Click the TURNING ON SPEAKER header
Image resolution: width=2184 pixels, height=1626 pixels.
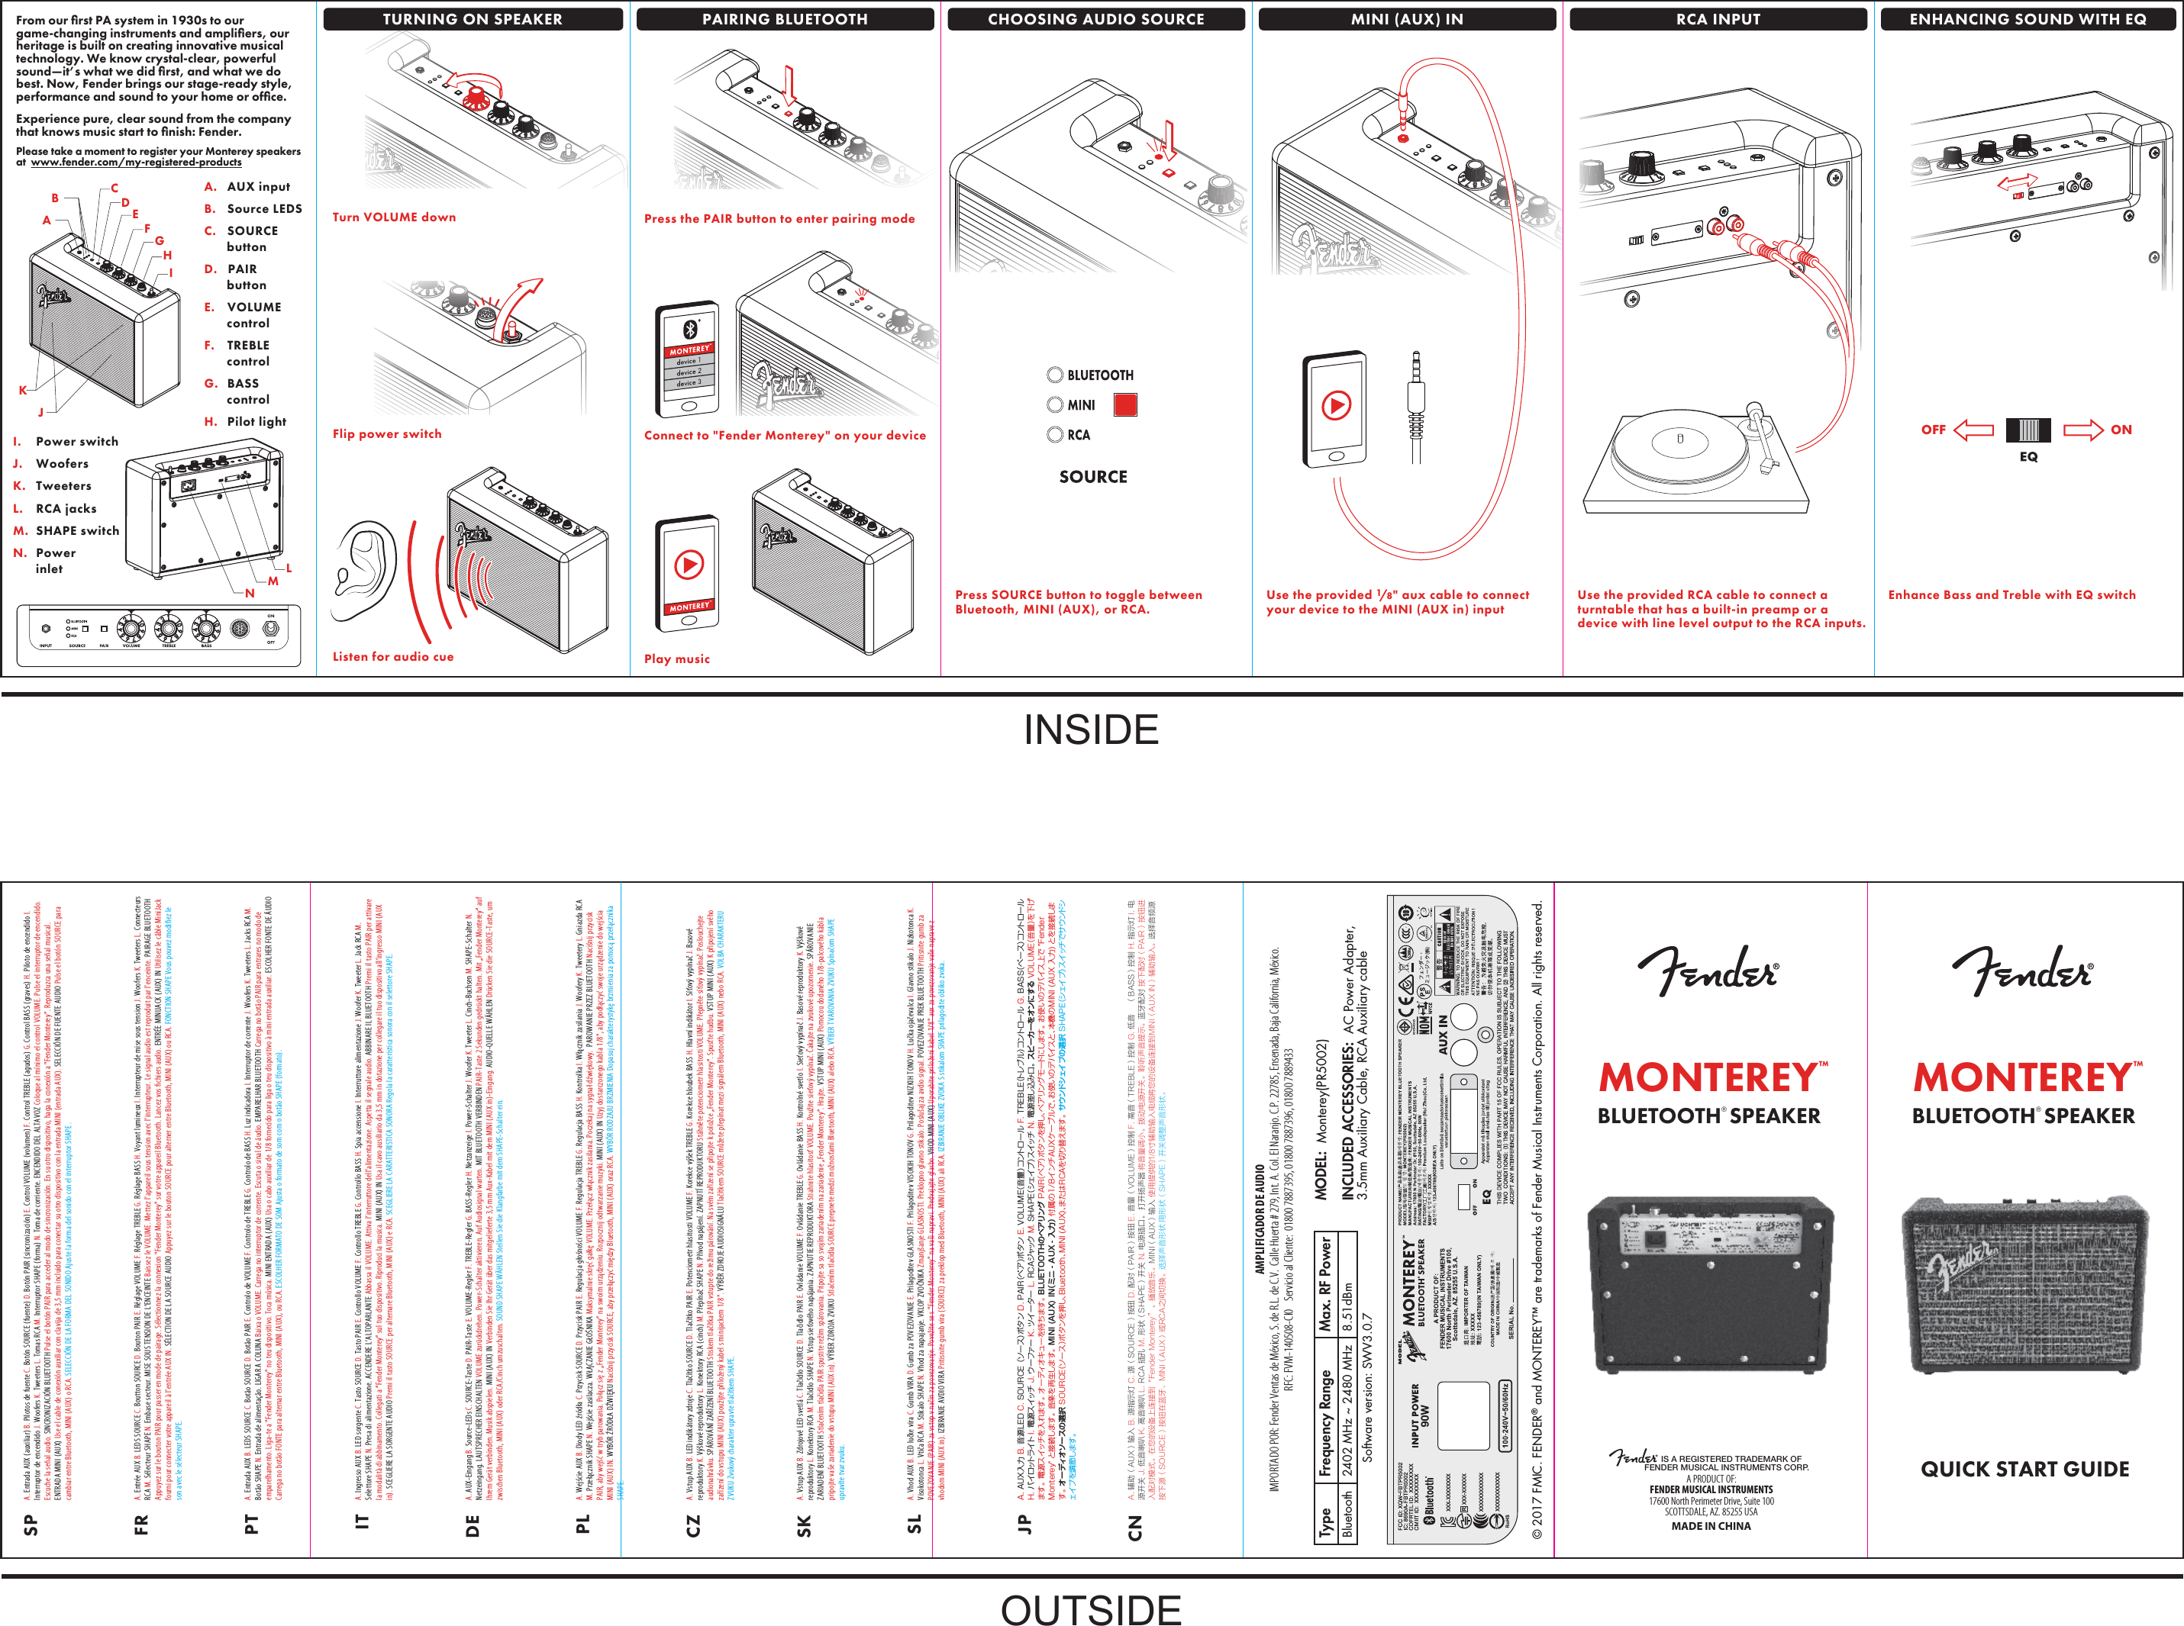point(473,19)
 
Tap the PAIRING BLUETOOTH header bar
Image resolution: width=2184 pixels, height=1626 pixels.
point(785,19)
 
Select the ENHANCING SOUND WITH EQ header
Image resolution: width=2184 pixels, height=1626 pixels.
point(2028,19)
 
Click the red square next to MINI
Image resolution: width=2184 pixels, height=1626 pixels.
point(1124,404)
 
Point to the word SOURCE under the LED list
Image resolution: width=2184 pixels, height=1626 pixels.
point(1093,476)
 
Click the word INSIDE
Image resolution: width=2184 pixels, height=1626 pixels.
point(1091,729)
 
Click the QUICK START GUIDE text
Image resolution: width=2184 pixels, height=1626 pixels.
point(2024,1469)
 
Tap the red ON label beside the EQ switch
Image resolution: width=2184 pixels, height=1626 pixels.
point(2121,429)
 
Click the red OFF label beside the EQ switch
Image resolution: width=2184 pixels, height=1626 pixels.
point(1933,429)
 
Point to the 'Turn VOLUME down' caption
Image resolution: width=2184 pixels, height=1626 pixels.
point(394,217)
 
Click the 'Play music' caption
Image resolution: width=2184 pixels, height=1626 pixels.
point(676,658)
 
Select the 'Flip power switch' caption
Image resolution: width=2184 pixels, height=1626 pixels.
point(387,433)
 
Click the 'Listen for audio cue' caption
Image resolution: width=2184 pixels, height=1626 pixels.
point(393,655)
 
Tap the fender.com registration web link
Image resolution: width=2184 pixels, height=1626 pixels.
point(136,163)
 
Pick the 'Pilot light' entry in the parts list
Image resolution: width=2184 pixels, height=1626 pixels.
point(256,421)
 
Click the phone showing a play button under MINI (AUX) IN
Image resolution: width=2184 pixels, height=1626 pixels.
point(1335,408)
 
